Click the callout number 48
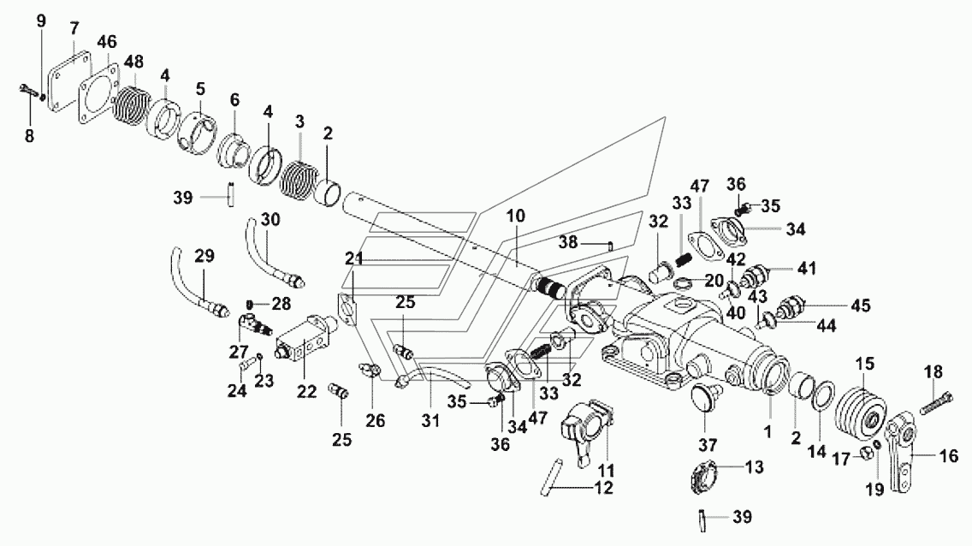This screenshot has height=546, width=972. [133, 62]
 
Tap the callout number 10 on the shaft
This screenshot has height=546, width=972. [515, 216]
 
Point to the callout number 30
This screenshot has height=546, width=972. [270, 219]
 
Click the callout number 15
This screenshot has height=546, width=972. [865, 363]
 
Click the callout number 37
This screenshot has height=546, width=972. [708, 444]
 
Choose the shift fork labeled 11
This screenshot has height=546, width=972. [589, 430]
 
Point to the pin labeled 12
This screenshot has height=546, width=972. [552, 476]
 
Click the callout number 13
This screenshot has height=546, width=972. [755, 466]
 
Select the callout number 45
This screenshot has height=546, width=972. [861, 306]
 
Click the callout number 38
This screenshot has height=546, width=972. [568, 241]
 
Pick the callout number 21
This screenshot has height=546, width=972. [354, 258]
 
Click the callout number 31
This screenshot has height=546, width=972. [430, 420]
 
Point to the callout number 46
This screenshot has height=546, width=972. [107, 42]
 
